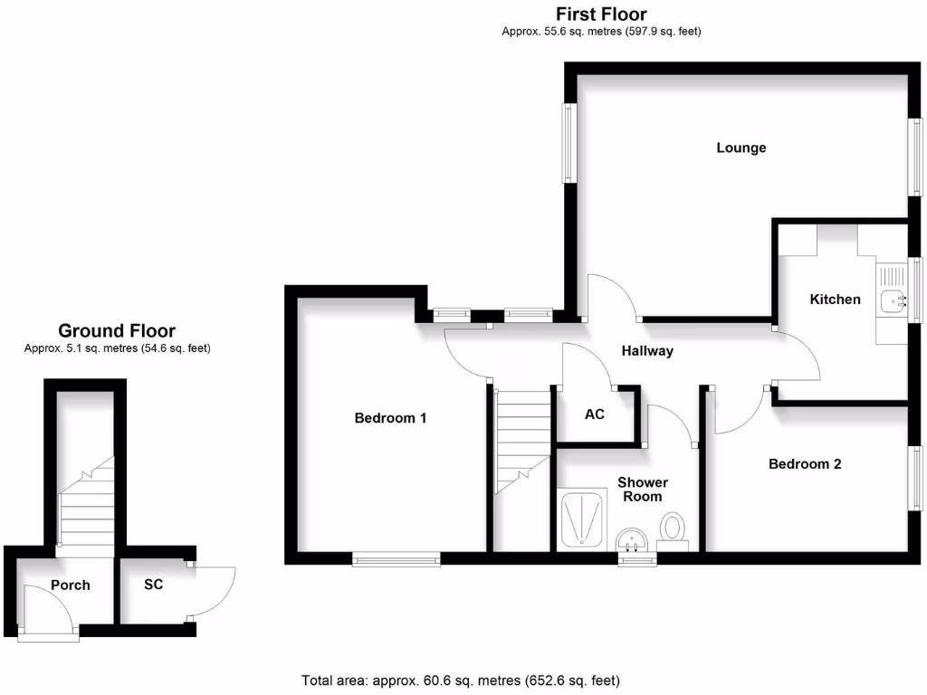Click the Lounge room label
pos(741,148)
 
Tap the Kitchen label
pos(835,299)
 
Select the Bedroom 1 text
pos(390,418)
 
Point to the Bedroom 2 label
pos(805,464)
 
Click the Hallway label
pos(647,351)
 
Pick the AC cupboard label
pos(594,414)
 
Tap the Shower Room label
pos(643,490)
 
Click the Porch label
pos(71,586)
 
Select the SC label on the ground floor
pos(153,585)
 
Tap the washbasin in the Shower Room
pos(632,540)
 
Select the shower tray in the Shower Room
pos(582,519)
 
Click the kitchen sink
pos(892,300)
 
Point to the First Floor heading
pos(601,14)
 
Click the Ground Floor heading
pos(117,330)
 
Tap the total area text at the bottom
pos(461,681)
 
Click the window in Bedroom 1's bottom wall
pos(397,558)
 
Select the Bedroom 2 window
pos(915,479)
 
